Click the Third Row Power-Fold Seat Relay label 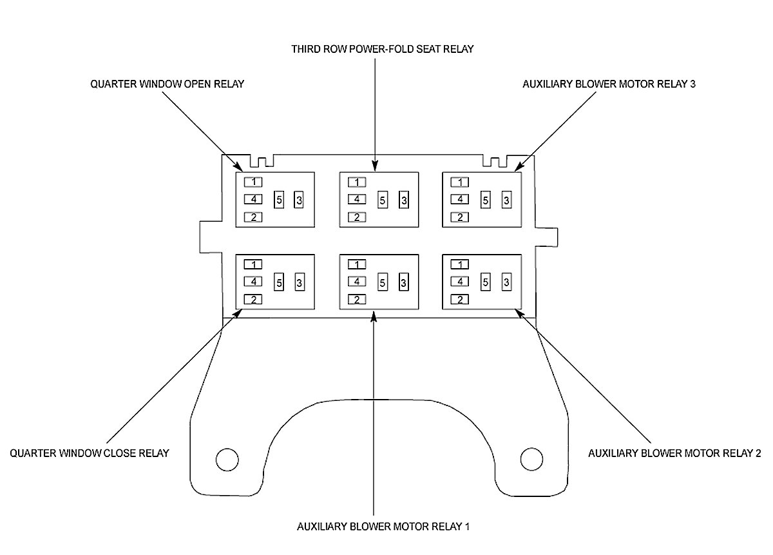coord(382,49)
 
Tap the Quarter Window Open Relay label coord(167,84)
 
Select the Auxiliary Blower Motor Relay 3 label coord(609,84)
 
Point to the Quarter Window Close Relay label coord(90,453)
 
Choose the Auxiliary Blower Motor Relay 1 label coord(383,526)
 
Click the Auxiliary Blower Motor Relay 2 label coord(674,453)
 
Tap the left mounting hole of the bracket coord(227,459)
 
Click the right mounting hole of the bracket coord(531,459)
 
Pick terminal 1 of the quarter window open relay coord(254,182)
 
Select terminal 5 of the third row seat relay coord(382,200)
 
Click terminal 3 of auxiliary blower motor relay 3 coord(506,200)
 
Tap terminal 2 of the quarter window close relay coord(254,299)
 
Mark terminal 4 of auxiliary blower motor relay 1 coord(356,282)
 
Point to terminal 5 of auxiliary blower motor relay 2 coord(486,282)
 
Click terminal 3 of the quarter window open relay coord(300,200)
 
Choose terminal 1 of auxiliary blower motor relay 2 coord(459,264)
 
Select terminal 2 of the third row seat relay coord(356,217)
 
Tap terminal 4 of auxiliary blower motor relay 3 coord(459,199)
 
